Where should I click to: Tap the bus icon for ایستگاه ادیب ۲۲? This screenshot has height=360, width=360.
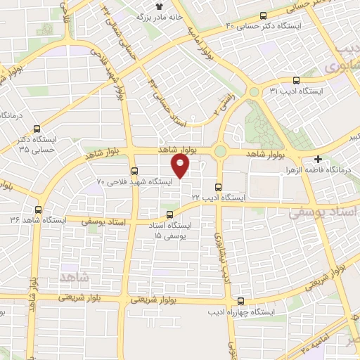(218, 187)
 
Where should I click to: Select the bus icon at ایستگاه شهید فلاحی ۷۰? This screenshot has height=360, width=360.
(134, 171)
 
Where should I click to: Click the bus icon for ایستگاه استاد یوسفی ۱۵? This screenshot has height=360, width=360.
(169, 214)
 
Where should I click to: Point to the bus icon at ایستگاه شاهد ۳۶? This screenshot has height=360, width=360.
(38, 210)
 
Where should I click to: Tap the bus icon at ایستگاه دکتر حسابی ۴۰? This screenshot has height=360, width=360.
(264, 15)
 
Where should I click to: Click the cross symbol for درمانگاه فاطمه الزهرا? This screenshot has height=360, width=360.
(319, 160)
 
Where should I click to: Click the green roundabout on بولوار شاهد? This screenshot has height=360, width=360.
(221, 150)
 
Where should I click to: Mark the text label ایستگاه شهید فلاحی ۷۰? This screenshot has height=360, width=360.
(134, 181)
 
